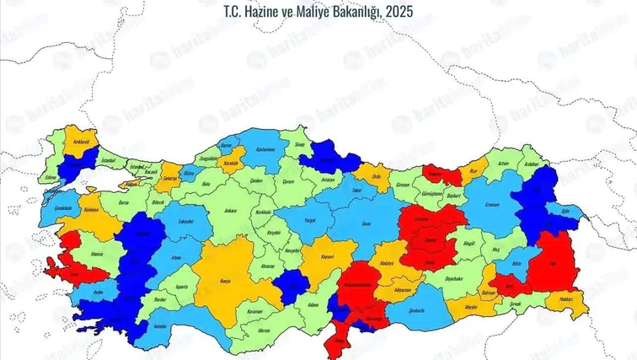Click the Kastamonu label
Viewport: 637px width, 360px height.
point(266,148)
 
